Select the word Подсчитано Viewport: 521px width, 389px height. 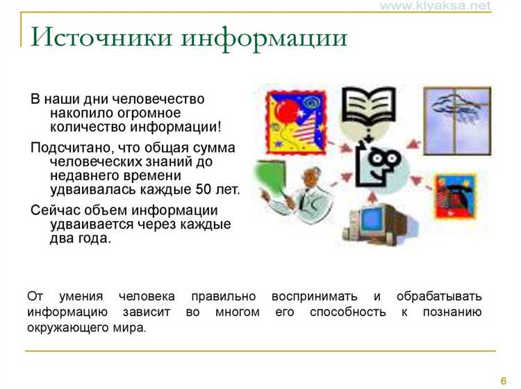[x=63, y=148]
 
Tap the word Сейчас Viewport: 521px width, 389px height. [x=53, y=211]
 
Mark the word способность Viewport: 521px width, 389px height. [x=348, y=312]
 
